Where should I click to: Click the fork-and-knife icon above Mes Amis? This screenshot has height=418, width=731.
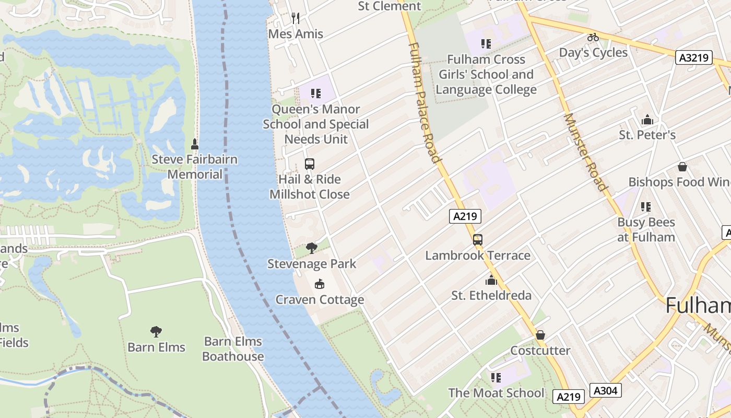(296, 18)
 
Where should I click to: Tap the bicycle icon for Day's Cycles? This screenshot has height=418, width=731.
(593, 37)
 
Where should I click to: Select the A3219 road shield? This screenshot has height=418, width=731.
(694, 57)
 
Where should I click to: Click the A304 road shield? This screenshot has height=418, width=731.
(606, 390)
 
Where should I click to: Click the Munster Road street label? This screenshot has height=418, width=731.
(585, 152)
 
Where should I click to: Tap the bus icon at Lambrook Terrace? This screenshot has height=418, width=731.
(477, 240)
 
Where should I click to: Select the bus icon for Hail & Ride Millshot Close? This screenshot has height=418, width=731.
(309, 164)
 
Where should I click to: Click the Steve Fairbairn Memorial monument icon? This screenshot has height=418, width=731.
(195, 144)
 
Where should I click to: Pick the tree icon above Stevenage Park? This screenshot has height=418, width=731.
(312, 248)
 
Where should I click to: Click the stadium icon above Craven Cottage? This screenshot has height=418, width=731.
(320, 284)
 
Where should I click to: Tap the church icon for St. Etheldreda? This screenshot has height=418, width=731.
(491, 280)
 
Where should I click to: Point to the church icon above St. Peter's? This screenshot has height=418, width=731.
(647, 120)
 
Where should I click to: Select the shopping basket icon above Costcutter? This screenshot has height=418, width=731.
(540, 334)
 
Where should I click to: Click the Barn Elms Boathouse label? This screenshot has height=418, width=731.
(233, 349)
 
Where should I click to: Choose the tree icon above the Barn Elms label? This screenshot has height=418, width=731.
(156, 331)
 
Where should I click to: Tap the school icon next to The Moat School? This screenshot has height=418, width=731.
(496, 377)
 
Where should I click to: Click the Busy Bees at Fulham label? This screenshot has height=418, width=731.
(646, 229)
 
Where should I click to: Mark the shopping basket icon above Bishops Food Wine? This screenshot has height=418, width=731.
(682, 167)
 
